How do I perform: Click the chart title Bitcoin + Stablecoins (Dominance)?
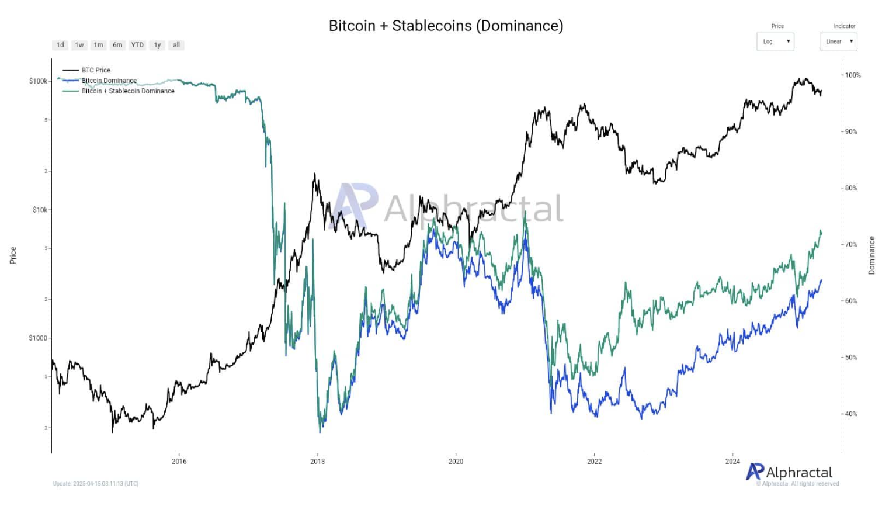[x=446, y=26]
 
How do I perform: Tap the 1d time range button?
[x=60, y=45]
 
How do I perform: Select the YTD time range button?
[x=137, y=45]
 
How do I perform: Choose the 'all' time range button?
[x=176, y=45]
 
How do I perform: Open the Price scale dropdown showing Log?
[x=775, y=41]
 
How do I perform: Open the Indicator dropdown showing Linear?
[x=838, y=41]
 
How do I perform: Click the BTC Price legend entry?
[x=96, y=70]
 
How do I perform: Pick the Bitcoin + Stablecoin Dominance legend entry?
[x=128, y=91]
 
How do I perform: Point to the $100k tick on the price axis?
[x=39, y=81]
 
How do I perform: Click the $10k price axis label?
[x=40, y=210]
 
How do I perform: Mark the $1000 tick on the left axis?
[x=39, y=338]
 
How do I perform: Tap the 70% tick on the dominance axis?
[x=851, y=245]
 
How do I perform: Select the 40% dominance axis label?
[x=851, y=414]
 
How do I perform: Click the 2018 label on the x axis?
[x=317, y=462]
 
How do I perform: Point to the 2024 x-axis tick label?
[x=732, y=462]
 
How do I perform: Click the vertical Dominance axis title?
[x=871, y=255]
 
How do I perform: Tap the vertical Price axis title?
[x=13, y=255]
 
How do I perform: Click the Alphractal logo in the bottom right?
[x=790, y=472]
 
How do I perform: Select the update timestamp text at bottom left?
[x=96, y=484]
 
